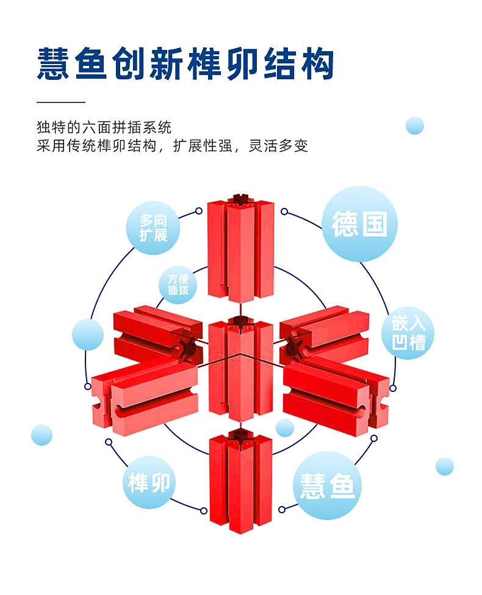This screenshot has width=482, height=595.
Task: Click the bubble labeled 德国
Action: (359, 224)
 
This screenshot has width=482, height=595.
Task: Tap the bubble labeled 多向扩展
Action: (153, 229)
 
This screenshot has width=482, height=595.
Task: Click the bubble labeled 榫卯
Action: (150, 483)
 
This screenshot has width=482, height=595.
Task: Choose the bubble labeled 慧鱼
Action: (327, 485)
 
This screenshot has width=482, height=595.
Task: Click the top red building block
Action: (240, 251)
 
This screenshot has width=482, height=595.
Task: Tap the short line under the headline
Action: (60, 102)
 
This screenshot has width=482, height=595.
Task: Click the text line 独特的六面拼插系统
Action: (104, 128)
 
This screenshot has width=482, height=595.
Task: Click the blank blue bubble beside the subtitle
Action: (415, 126)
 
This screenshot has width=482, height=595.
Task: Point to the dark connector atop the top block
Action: (240, 198)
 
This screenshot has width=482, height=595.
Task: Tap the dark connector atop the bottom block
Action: (240, 434)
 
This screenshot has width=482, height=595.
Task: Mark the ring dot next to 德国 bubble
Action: (284, 211)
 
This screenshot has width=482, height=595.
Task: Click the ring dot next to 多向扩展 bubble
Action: (199, 211)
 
